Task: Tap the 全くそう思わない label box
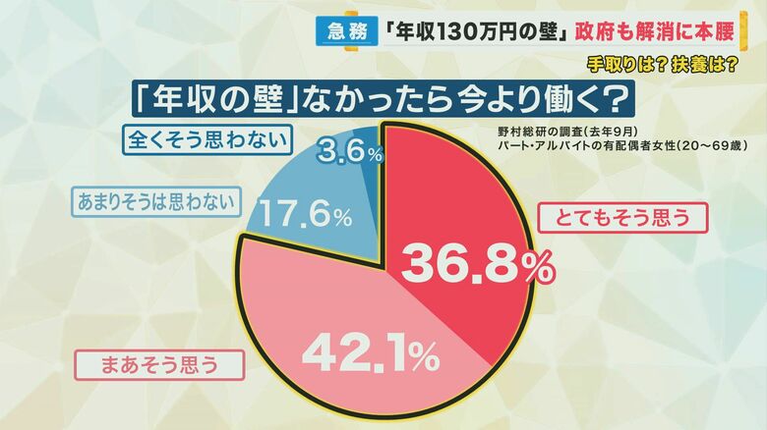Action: coord(207,139)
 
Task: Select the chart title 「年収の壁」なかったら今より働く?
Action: coord(377,99)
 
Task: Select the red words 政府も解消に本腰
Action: coord(662,30)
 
